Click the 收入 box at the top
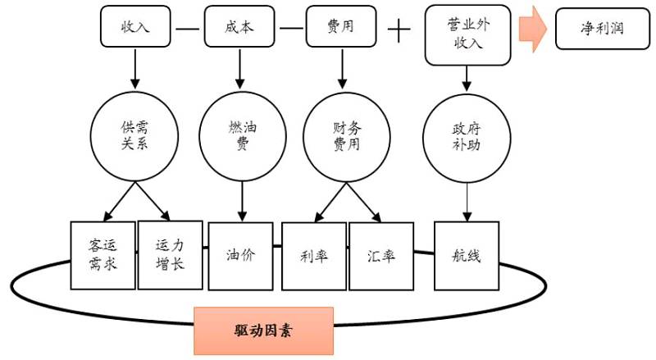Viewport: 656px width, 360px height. [x=134, y=26]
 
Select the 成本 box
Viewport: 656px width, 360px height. [x=239, y=26]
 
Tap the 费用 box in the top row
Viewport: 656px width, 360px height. [x=340, y=26]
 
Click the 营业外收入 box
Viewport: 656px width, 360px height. [x=467, y=34]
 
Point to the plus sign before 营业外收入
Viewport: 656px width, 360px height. [x=399, y=31]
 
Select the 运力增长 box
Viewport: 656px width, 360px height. [x=170, y=254]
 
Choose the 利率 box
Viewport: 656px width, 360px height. [x=314, y=255]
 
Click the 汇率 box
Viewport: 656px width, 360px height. [x=382, y=255]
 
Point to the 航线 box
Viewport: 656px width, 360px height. [x=467, y=255]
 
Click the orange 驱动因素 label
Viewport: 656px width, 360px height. [x=263, y=330]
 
